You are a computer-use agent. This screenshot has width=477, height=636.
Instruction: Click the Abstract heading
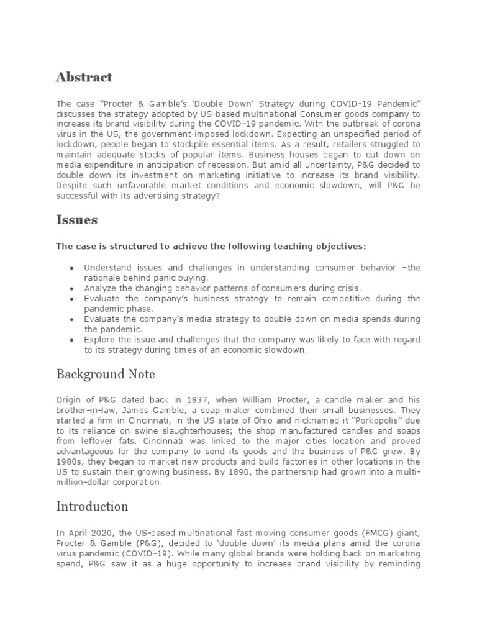[x=84, y=77]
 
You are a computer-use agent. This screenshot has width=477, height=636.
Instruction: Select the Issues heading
[x=76, y=220]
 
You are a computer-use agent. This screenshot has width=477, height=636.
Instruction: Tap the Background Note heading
[x=105, y=374]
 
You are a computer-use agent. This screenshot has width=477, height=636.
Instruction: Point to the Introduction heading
[x=92, y=506]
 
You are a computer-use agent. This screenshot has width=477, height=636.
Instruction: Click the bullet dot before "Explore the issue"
[x=73, y=340]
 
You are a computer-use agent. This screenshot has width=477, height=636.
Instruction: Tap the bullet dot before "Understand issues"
[x=73, y=268]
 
